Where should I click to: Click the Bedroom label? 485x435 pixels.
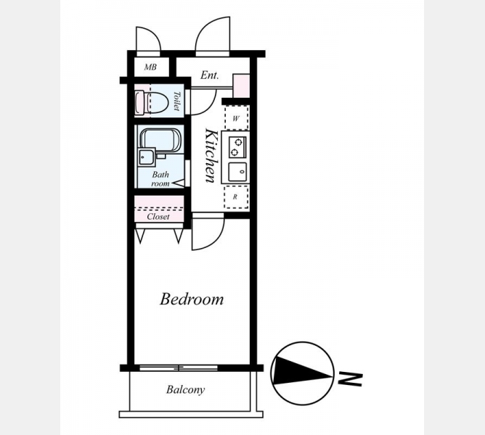click(192, 299)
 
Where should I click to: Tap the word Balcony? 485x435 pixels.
click(185, 389)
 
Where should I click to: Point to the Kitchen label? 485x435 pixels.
click(211, 156)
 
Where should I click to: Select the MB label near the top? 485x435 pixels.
click(150, 67)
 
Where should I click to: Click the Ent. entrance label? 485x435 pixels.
click(209, 75)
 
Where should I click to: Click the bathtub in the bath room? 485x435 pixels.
click(160, 141)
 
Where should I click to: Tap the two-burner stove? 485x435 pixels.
click(237, 146)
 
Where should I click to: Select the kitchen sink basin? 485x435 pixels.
click(237, 172)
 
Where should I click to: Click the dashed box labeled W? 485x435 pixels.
click(237, 118)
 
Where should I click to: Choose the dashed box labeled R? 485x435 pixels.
click(236, 196)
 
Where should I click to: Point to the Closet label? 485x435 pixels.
click(158, 216)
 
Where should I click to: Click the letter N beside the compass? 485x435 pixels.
click(350, 379)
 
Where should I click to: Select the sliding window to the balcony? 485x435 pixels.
click(179, 368)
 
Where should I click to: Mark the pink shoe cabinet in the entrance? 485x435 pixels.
click(241, 86)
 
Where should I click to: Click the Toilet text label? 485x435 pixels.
click(176, 101)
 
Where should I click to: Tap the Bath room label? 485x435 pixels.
click(160, 179)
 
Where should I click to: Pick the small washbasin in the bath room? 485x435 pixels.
click(147, 157)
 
